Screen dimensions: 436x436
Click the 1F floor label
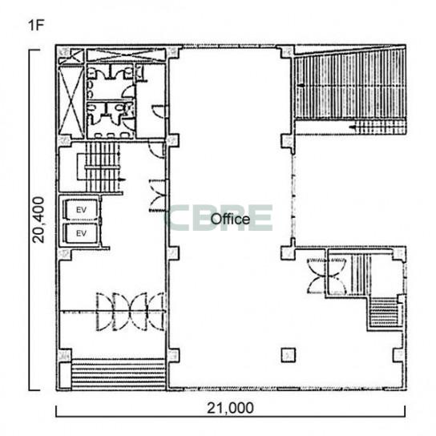(36, 26)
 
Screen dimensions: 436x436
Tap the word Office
(230, 219)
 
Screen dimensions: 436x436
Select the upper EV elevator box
(81, 210)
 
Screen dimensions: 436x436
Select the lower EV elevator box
(81, 233)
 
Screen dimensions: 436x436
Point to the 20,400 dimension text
(38, 220)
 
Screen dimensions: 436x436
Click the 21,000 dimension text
(230, 408)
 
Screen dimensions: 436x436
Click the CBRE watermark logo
(220, 218)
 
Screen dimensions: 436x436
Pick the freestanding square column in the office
(288, 355)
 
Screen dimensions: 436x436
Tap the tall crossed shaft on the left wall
(71, 102)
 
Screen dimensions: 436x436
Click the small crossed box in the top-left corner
(71, 56)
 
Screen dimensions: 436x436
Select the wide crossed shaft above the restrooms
(126, 54)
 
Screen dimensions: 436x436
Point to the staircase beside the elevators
(103, 167)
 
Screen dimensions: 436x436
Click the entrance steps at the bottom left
(119, 374)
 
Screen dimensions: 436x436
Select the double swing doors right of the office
(327, 275)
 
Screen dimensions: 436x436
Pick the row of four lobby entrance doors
(130, 312)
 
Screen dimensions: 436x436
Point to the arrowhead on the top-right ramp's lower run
(353, 127)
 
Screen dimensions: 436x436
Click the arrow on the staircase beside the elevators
(122, 180)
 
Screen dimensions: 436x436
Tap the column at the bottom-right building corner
(399, 355)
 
